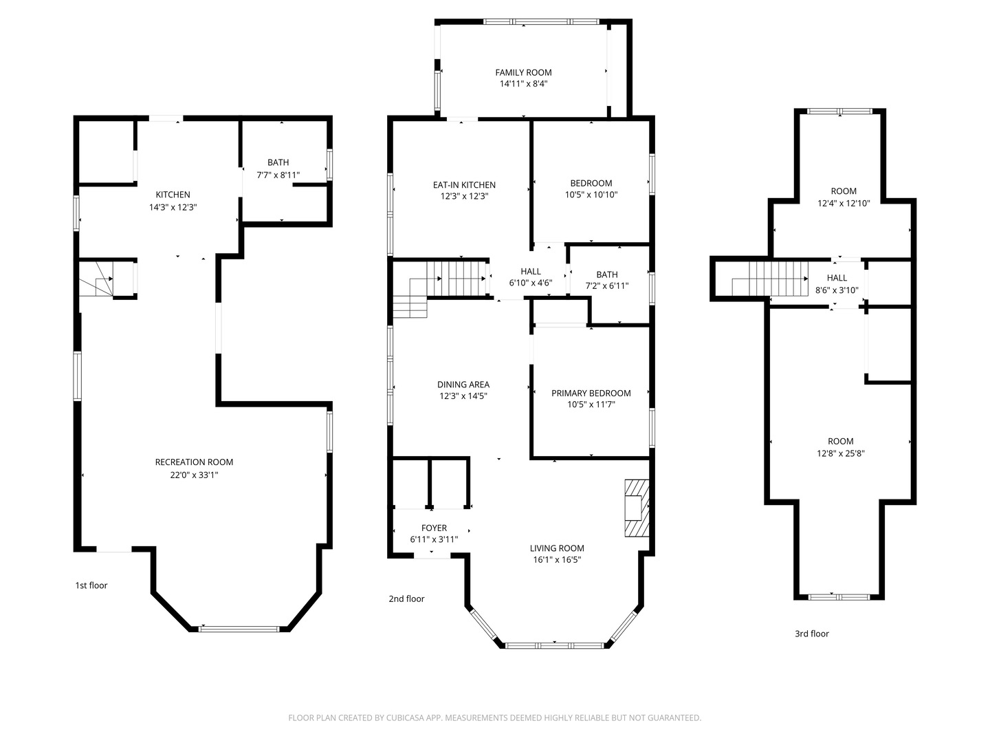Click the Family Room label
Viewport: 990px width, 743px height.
click(x=523, y=73)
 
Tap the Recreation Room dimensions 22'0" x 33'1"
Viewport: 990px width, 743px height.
click(x=194, y=475)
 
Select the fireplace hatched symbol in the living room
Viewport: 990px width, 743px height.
click(x=637, y=508)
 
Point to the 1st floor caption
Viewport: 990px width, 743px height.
click(x=91, y=585)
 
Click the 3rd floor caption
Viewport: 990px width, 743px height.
click(x=812, y=634)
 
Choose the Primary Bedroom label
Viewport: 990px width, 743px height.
click(x=591, y=394)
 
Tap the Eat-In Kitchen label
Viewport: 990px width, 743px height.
click(x=464, y=185)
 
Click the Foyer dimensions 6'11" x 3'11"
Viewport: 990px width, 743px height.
click(x=434, y=539)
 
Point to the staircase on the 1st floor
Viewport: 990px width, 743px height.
click(x=96, y=280)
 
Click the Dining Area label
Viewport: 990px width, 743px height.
click(x=463, y=385)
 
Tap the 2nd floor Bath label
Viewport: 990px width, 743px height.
click(x=607, y=274)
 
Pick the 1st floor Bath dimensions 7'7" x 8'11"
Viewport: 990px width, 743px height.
click(x=278, y=175)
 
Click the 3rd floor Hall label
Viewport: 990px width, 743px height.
click(x=837, y=278)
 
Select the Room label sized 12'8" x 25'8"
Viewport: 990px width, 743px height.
click(x=840, y=442)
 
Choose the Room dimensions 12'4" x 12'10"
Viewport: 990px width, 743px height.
click(x=844, y=204)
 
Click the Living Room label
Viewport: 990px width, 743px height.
click(x=557, y=548)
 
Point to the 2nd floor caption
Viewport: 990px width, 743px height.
click(x=406, y=599)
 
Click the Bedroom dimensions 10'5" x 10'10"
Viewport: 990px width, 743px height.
click(x=591, y=195)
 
